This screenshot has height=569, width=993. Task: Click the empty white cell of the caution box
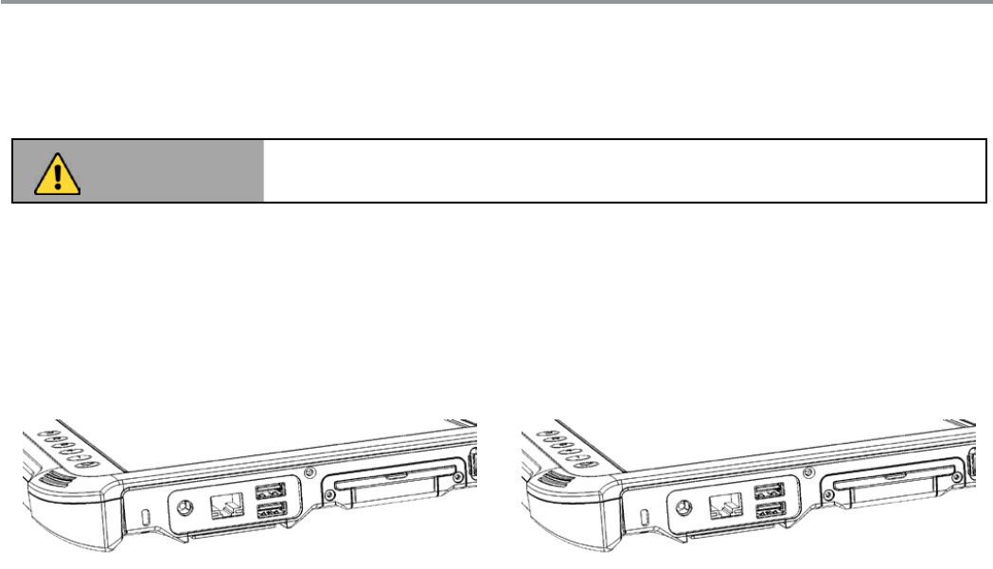pos(625,171)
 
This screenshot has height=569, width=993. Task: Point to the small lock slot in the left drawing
pos(145,517)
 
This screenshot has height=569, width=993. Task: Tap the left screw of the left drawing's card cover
pos(331,491)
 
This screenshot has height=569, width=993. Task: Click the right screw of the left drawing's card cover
pos(459,478)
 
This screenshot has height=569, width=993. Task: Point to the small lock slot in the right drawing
pos(645,517)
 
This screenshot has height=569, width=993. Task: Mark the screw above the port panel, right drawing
pos(807,471)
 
